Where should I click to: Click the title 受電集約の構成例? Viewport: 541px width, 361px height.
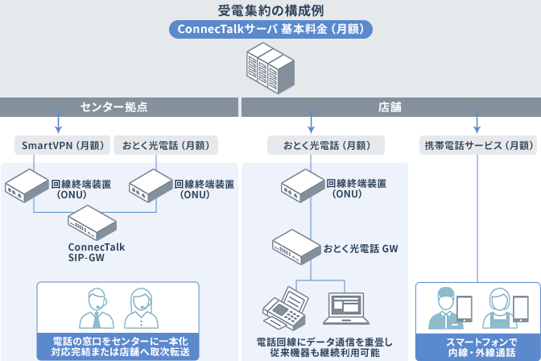coord(270,10)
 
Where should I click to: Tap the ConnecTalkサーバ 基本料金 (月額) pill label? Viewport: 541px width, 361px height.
coord(270,29)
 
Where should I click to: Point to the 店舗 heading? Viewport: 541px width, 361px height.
coord(390,106)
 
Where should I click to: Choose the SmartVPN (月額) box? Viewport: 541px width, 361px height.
coord(62,146)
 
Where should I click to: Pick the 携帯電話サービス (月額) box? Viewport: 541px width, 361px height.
coord(480,146)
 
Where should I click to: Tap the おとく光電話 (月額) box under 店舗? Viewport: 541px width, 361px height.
coord(325,146)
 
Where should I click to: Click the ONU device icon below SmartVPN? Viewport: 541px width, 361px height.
coord(27,187)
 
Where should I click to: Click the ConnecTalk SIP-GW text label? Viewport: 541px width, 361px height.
coord(97,252)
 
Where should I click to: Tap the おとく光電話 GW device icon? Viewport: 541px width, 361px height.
coord(295,245)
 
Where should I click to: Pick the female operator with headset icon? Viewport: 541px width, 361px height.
coord(143,307)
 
